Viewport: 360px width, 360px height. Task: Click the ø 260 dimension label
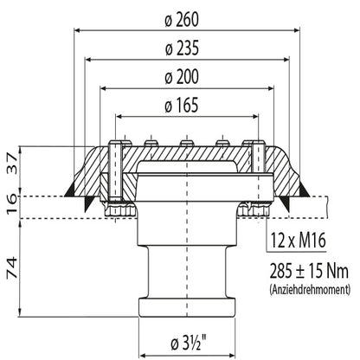tap(182, 20)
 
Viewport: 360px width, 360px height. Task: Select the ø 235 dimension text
tap(182, 48)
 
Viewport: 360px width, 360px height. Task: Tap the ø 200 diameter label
tap(182, 77)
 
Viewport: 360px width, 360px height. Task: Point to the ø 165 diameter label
tap(182, 105)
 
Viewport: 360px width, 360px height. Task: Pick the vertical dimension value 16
tap(12, 203)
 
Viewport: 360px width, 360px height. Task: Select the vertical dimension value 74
tap(12, 268)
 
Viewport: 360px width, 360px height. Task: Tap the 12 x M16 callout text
tap(299, 241)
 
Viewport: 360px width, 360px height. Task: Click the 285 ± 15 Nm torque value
tap(309, 271)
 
